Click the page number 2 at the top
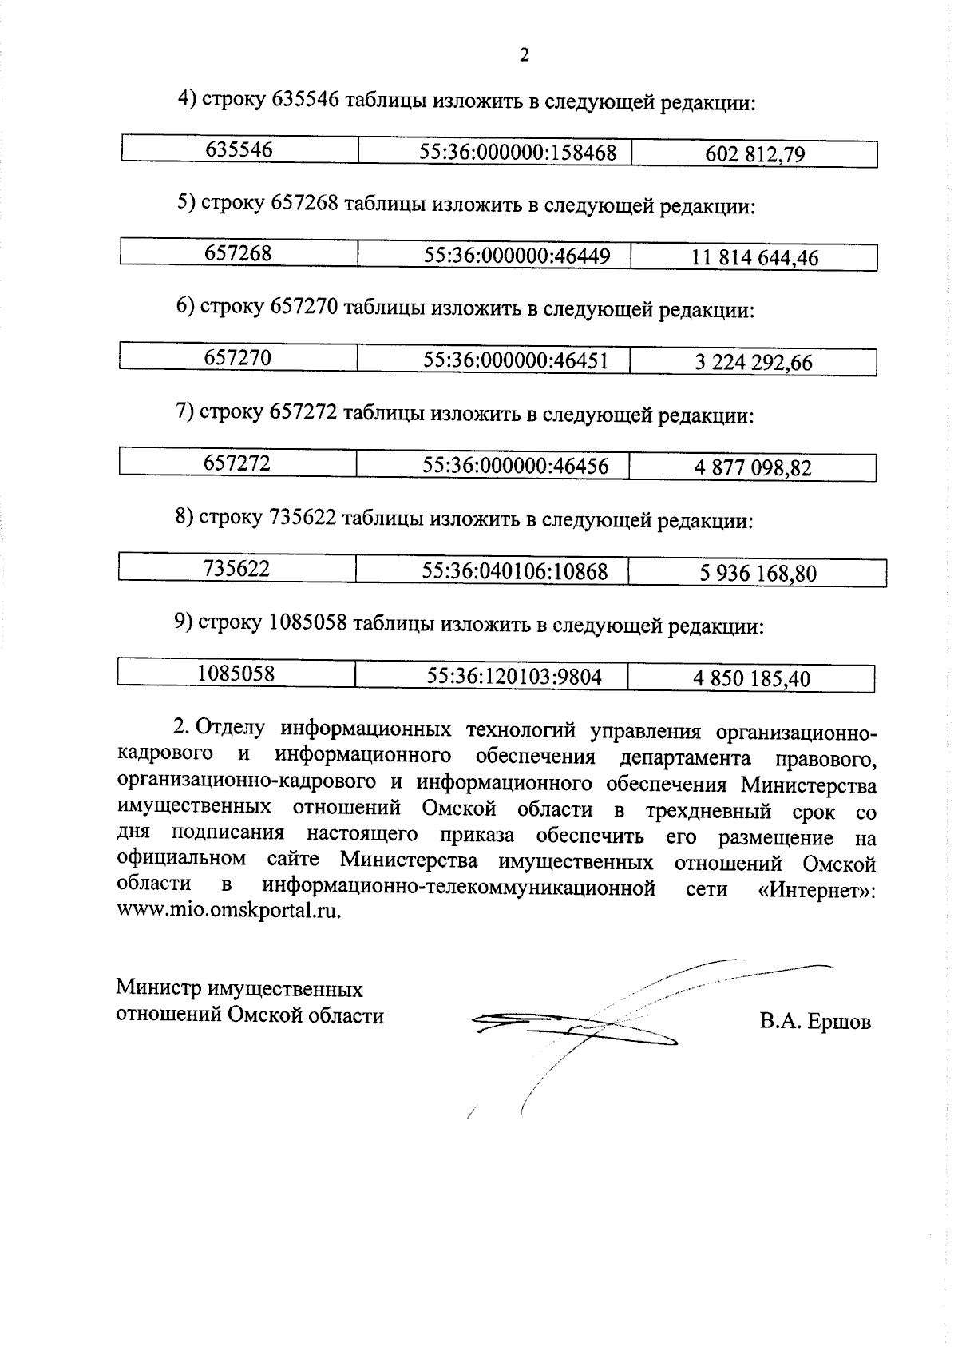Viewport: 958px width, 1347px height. (524, 55)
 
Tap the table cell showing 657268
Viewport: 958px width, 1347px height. (238, 253)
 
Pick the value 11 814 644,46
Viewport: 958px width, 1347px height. (754, 258)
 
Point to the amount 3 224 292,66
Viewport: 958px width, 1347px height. (753, 363)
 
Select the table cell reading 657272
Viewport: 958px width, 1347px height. (237, 463)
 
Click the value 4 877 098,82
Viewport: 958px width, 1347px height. (752, 468)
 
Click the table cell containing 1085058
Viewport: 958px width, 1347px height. (236, 674)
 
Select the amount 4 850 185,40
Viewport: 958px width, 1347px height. (751, 679)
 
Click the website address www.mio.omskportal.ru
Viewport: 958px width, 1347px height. (228, 912)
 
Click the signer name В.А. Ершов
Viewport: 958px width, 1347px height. (815, 1021)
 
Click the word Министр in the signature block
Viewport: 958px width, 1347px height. (158, 989)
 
